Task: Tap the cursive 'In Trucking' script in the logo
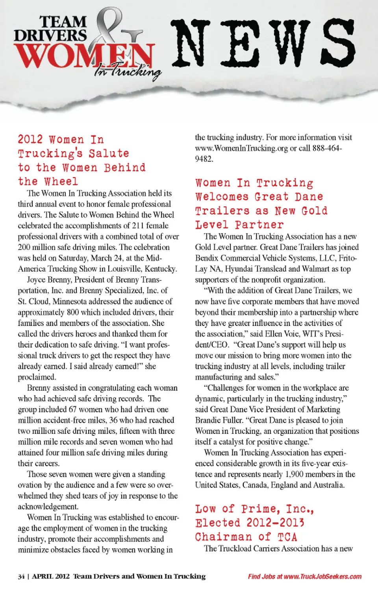tap(128, 71)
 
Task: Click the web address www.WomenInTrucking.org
tap(241, 148)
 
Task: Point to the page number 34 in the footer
tap(21, 577)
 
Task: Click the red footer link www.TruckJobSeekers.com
tap(322, 577)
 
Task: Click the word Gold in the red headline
tap(314, 211)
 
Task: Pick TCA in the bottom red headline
tap(287, 537)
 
